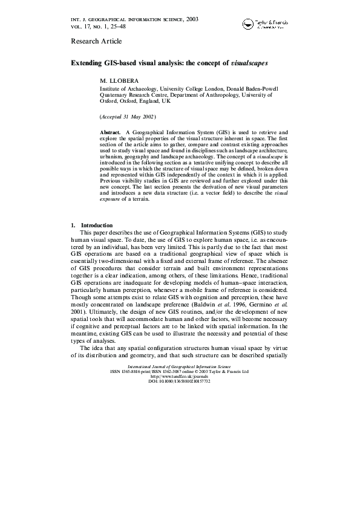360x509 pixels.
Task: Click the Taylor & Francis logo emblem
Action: (248, 24)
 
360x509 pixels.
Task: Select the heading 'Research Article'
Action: (96, 41)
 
